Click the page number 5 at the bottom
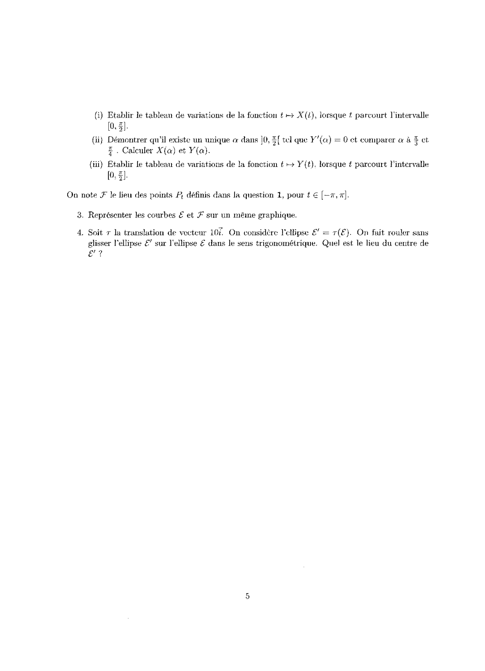click(x=247, y=596)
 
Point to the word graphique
click(x=277, y=215)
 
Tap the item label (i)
click(x=99, y=115)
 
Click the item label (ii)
click(x=98, y=140)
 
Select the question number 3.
click(x=80, y=215)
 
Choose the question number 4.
click(x=80, y=233)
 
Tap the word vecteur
click(x=186, y=233)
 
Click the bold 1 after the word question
click(x=280, y=195)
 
